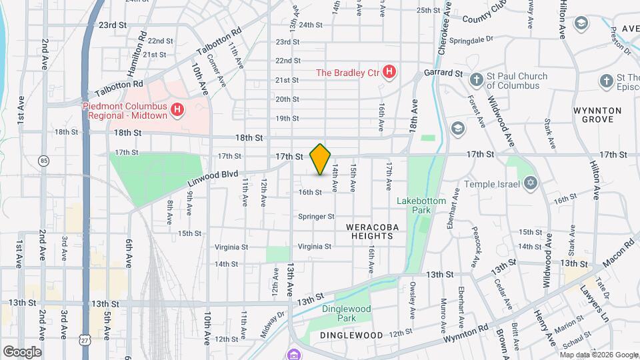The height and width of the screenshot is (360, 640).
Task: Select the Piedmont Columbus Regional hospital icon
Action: [x=177, y=110]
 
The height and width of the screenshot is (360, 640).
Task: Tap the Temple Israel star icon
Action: [x=531, y=183]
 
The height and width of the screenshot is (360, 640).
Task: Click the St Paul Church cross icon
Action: [x=476, y=81]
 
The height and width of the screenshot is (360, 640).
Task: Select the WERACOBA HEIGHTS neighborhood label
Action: [x=373, y=232]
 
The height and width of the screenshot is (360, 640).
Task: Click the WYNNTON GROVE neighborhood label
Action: [x=597, y=115]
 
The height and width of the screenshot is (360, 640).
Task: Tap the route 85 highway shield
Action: [x=44, y=161]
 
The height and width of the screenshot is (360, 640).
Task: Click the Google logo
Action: [x=22, y=351]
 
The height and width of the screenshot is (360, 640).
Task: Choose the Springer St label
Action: [x=316, y=217]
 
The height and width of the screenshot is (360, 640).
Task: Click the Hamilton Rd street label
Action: [x=142, y=44]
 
